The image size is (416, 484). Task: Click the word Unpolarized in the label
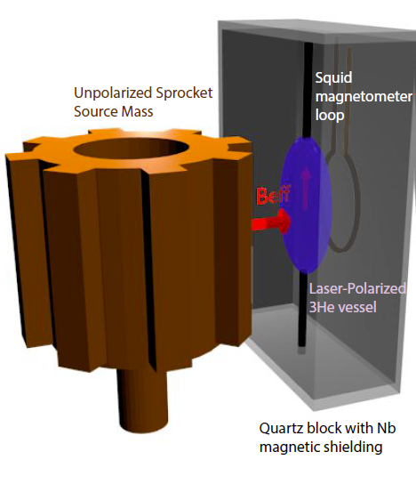tap(113, 93)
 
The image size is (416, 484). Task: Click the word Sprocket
tap(184, 93)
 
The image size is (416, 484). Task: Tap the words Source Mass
tap(114, 111)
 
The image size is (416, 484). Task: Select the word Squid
tap(333, 78)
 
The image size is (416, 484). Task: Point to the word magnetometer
tap(364, 97)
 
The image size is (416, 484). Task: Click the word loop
tap(330, 115)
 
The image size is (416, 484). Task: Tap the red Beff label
tap(273, 195)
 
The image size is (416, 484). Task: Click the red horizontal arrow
tap(271, 222)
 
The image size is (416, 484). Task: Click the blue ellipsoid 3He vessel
tap(306, 206)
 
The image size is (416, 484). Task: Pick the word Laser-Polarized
tap(357, 288)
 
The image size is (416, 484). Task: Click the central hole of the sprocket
tap(131, 149)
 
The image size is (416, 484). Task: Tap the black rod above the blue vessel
tap(308, 90)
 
